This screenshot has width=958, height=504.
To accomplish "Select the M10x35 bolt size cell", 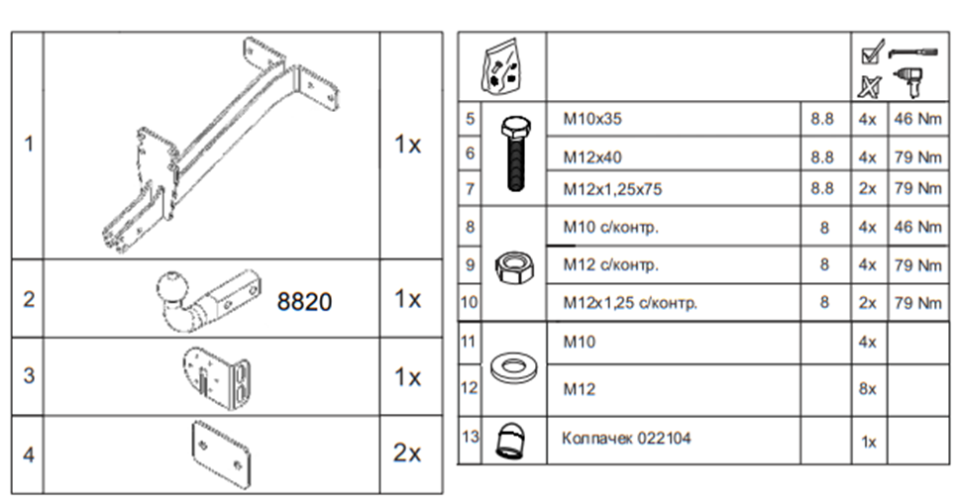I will click(592, 120).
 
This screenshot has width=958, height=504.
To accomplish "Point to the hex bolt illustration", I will click(514, 154).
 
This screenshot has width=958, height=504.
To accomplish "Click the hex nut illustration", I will click(514, 264).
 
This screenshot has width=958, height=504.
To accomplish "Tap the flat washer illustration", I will click(514, 367).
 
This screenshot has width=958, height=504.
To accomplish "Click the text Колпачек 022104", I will click(626, 438).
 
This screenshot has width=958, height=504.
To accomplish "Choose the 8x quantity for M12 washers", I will click(868, 389).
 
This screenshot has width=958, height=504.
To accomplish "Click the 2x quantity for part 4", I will click(407, 454).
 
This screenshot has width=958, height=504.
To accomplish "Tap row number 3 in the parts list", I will click(29, 376).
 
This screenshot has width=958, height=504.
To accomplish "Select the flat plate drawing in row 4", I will click(219, 454).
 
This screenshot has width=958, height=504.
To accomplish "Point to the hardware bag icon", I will click(501, 65).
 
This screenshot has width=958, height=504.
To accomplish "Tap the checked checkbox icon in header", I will click(870, 50).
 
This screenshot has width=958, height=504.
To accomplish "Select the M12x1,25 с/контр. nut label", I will click(630, 303).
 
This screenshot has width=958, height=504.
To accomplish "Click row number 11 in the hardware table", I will click(470, 342).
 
